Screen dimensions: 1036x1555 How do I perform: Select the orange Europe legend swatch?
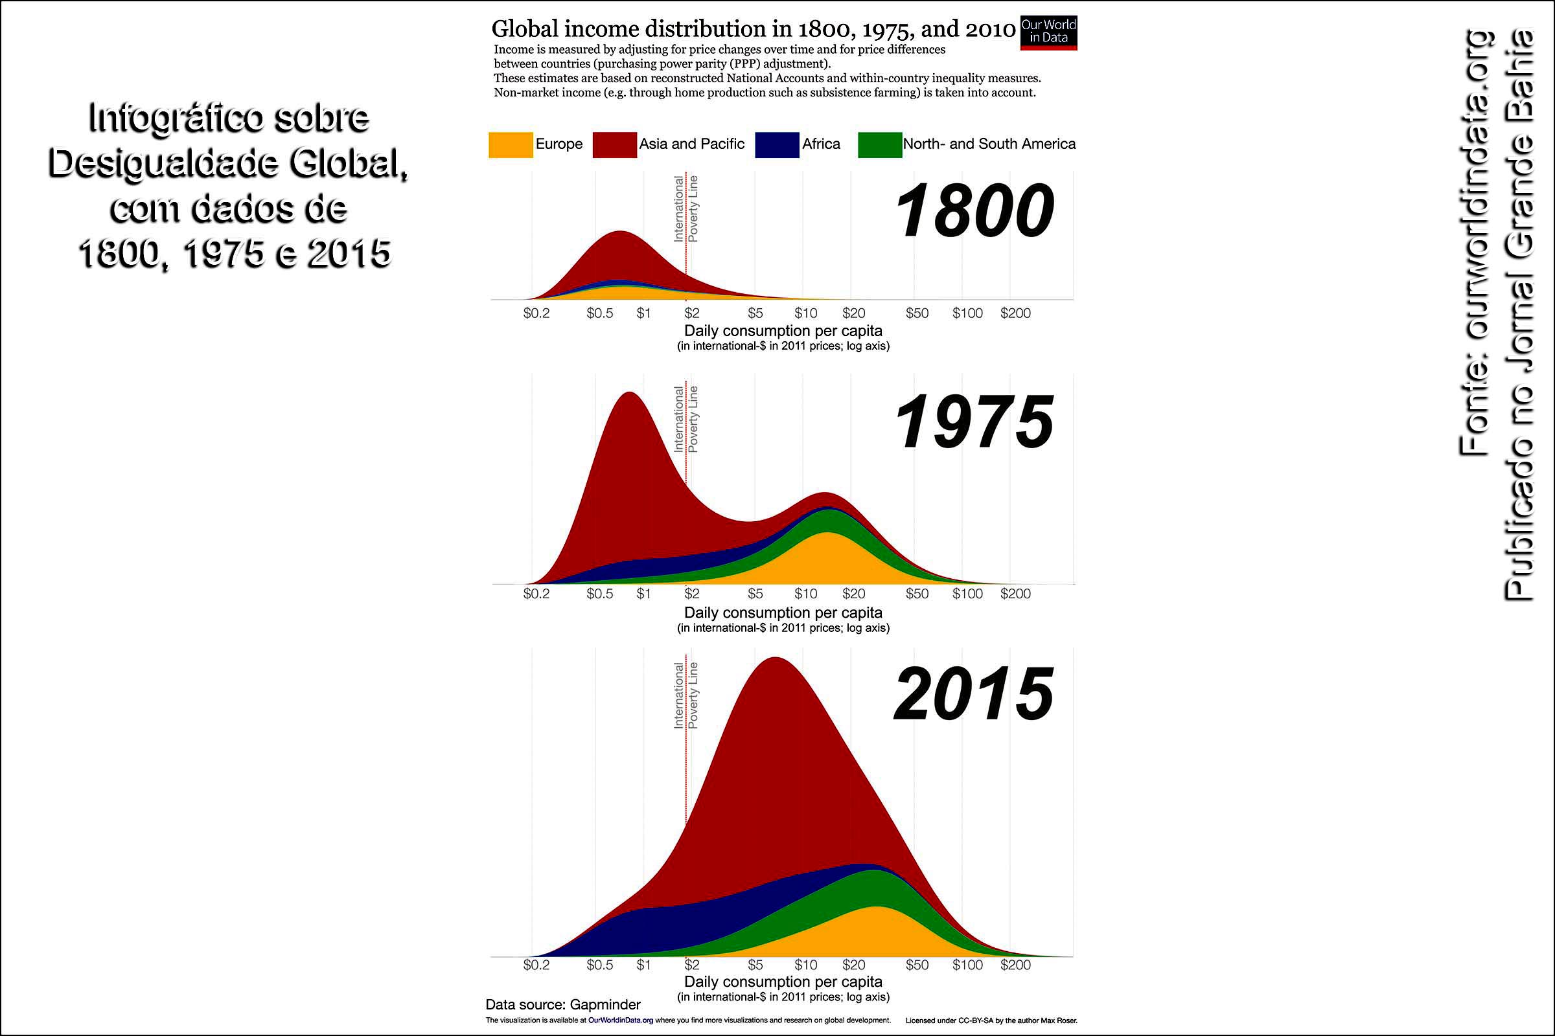tap(511, 144)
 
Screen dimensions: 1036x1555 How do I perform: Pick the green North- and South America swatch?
tap(879, 144)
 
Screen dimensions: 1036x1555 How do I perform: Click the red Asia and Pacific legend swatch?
tap(614, 144)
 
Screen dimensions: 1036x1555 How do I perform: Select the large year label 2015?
tap(974, 694)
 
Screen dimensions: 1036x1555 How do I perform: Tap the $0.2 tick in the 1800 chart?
tap(536, 313)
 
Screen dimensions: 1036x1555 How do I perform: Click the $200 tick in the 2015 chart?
tap(1015, 965)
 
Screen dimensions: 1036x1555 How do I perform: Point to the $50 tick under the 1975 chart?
tap(917, 593)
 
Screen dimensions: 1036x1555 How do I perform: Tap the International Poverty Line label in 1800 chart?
tap(685, 208)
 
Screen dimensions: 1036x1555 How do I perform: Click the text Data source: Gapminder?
tap(562, 1005)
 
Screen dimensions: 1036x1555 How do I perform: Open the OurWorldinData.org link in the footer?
tap(620, 1020)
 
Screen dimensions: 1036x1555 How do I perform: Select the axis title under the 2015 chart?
tap(783, 981)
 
